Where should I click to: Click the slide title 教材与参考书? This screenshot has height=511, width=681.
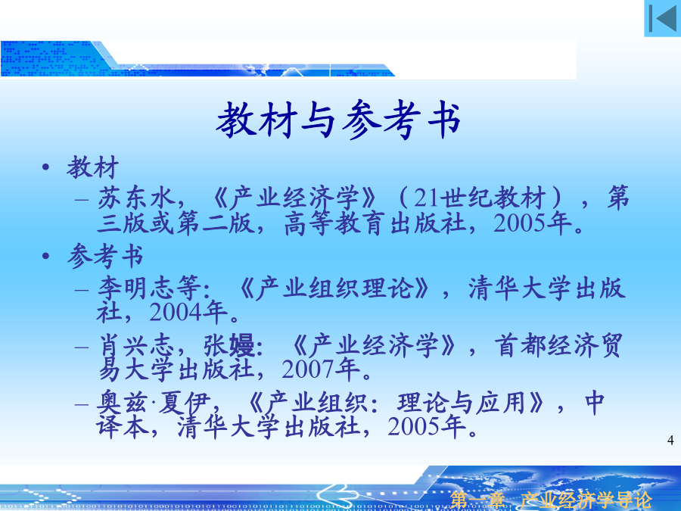[x=338, y=120]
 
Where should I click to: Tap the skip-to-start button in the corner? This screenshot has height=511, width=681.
[x=662, y=18]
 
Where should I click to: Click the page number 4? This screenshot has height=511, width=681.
[x=670, y=440]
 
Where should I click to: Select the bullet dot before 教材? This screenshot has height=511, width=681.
[x=45, y=167]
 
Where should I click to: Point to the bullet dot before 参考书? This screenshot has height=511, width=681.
[x=45, y=256]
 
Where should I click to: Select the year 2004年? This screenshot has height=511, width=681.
[x=188, y=312]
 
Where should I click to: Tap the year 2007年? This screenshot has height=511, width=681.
[x=321, y=369]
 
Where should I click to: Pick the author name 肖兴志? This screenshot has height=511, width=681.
[x=136, y=345]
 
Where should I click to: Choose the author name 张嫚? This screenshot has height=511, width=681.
[x=229, y=345]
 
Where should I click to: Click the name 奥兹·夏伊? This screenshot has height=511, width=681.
[x=154, y=403]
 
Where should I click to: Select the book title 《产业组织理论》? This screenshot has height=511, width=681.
[x=334, y=288]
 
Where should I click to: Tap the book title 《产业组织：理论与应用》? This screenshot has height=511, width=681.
[x=396, y=403]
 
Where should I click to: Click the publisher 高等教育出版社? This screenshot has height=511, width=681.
[x=375, y=223]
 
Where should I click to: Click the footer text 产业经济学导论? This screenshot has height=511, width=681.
[x=586, y=500]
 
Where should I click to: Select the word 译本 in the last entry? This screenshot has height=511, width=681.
[x=123, y=426]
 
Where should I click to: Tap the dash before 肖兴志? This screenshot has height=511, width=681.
[x=82, y=347]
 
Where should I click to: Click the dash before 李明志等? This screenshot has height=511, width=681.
[x=82, y=289]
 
